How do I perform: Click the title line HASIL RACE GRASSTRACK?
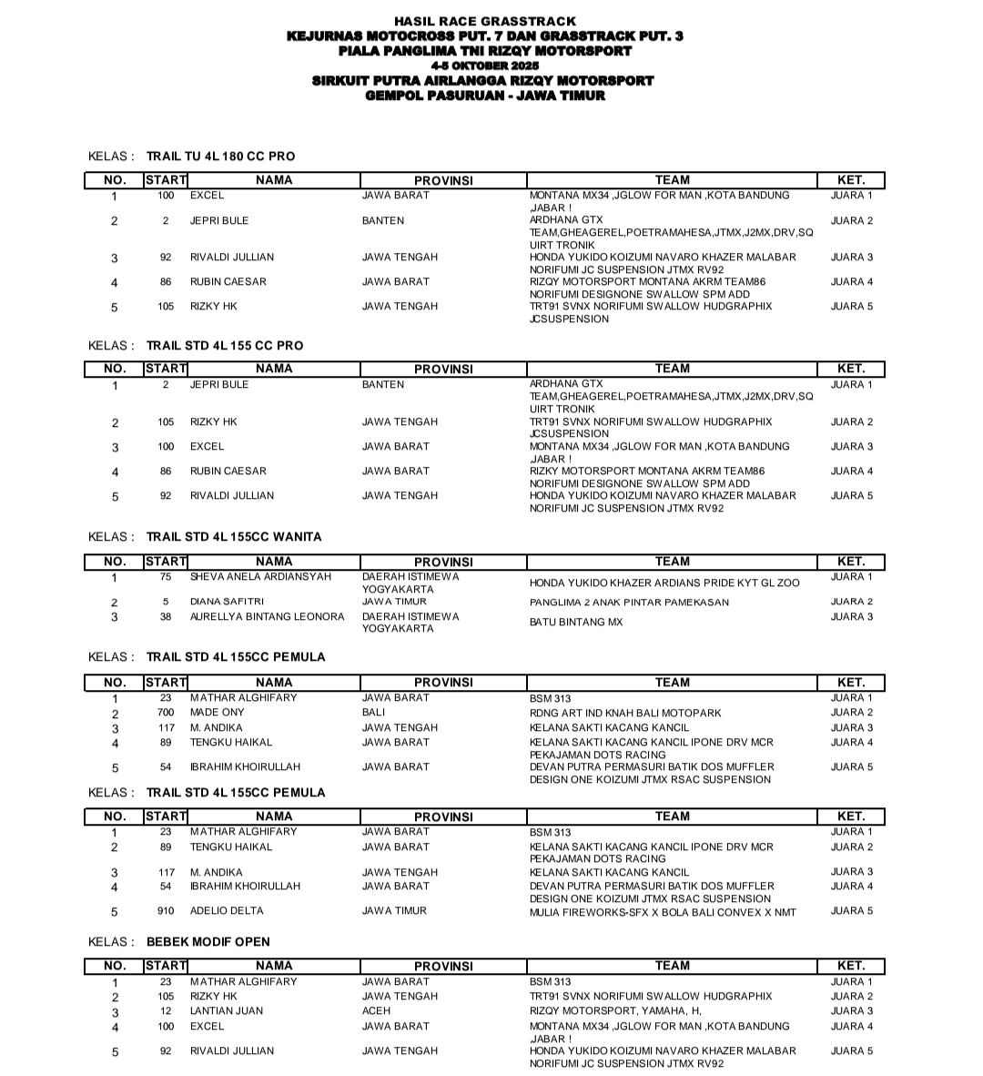point(485,21)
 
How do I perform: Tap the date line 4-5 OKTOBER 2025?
point(485,66)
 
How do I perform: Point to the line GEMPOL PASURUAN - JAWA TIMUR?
point(485,95)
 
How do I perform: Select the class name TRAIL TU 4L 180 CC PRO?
point(220,157)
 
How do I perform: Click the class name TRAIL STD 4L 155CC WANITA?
point(234,537)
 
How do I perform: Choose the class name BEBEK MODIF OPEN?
point(208,942)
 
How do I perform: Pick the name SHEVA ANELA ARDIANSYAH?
point(260,577)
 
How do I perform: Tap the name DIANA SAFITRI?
point(227,602)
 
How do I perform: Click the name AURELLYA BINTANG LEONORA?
point(267,617)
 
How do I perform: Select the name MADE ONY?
point(217,713)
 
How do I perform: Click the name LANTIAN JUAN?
point(227,1011)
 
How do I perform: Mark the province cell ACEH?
point(376,1011)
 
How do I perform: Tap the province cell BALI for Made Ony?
point(373,713)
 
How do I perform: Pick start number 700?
point(166,713)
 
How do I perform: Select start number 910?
point(166,911)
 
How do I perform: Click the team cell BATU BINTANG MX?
point(576,624)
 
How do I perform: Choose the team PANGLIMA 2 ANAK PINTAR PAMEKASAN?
point(629,603)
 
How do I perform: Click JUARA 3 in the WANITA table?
point(851,617)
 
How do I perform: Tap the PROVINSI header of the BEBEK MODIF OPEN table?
point(443,967)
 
